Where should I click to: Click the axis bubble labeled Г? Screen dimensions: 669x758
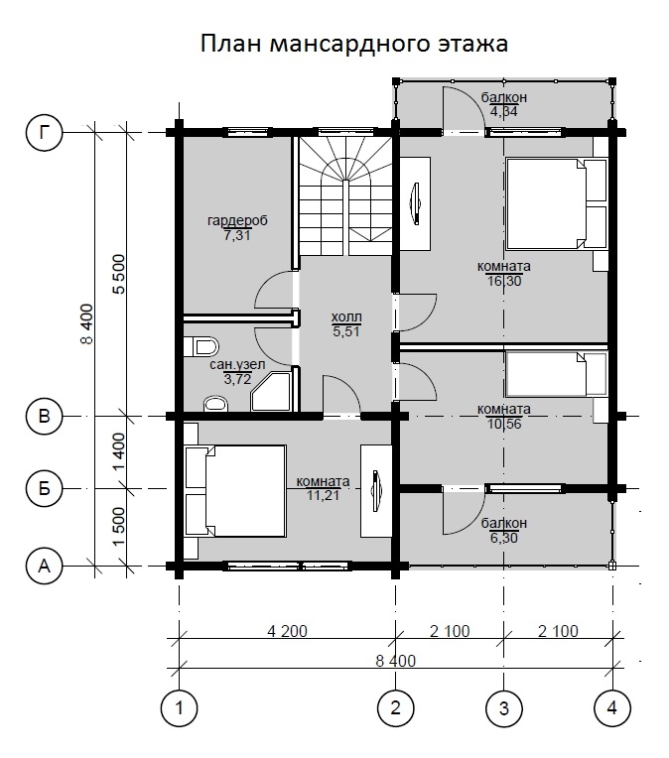pyautogui.click(x=45, y=132)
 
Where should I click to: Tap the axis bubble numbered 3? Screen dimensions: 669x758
pyautogui.click(x=504, y=708)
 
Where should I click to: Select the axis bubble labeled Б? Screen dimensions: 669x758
pyautogui.click(x=45, y=488)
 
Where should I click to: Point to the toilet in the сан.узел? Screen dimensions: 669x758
pyautogui.click(x=201, y=346)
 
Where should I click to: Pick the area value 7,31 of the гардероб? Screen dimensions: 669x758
pyautogui.click(x=237, y=236)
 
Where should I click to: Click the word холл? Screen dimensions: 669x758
pyautogui.click(x=346, y=317)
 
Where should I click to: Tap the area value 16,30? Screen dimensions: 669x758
pyautogui.click(x=504, y=281)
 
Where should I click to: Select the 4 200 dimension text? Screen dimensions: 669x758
pyautogui.click(x=287, y=631)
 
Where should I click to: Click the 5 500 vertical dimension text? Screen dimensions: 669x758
pyautogui.click(x=119, y=274)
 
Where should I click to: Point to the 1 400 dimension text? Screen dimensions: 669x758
pyautogui.click(x=119, y=451)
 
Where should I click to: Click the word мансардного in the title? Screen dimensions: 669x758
pyautogui.click(x=349, y=45)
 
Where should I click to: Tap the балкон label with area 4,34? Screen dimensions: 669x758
pyautogui.click(x=503, y=97)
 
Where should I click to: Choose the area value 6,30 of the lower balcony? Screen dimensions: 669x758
pyautogui.click(x=504, y=538)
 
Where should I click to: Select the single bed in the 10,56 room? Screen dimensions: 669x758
pyautogui.click(x=556, y=374)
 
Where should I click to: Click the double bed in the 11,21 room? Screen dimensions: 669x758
pyautogui.click(x=235, y=491)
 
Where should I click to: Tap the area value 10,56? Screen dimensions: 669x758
pyautogui.click(x=504, y=424)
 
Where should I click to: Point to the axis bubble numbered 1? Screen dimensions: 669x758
pyautogui.click(x=179, y=708)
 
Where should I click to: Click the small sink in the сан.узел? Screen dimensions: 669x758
pyautogui.click(x=215, y=404)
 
